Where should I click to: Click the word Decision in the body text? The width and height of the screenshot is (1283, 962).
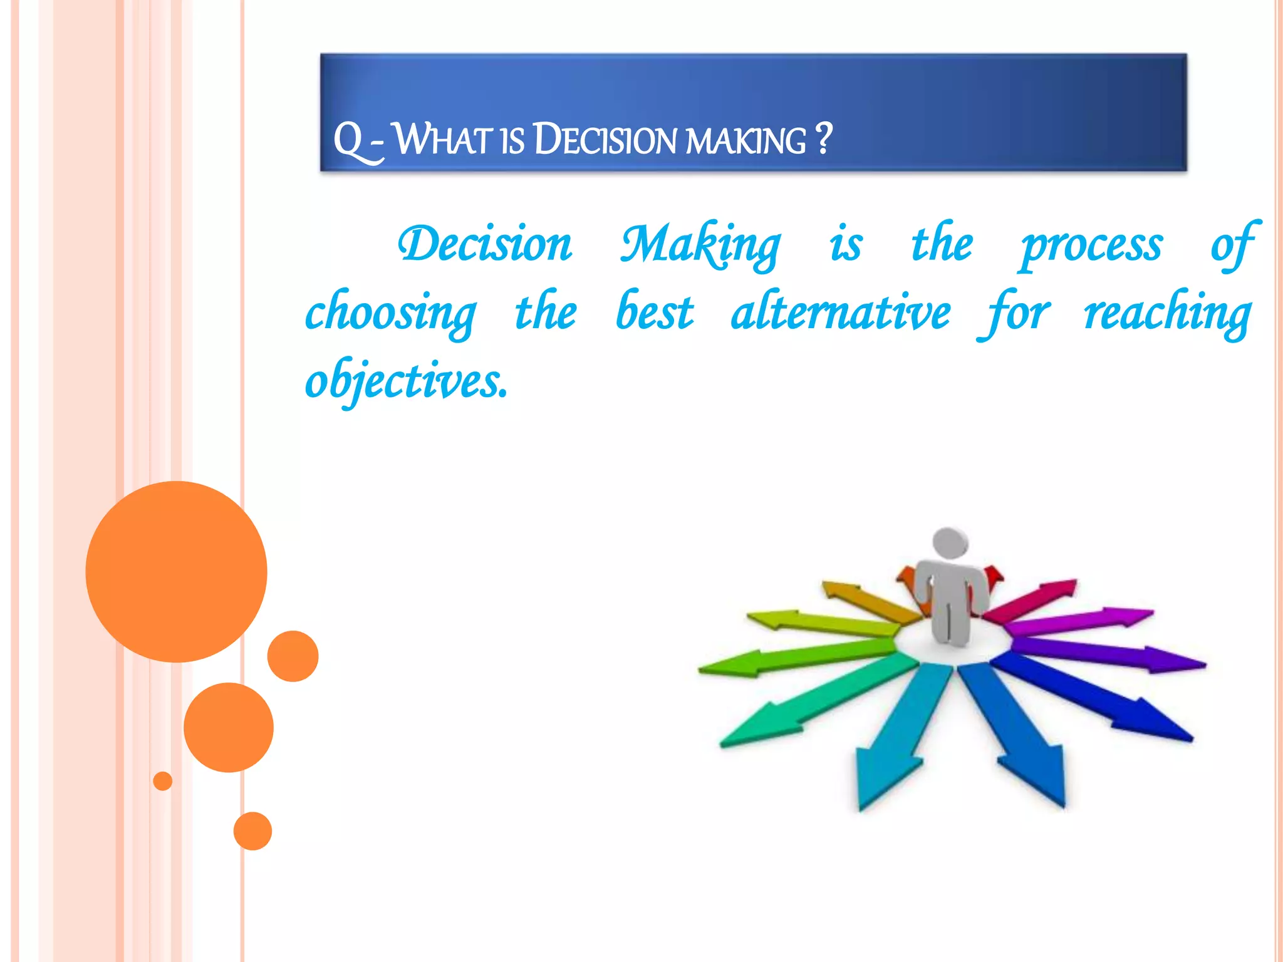(486, 244)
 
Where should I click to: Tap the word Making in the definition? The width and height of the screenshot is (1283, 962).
(700, 246)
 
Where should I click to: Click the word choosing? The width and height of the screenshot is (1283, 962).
(391, 313)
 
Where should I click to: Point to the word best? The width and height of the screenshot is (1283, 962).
(655, 312)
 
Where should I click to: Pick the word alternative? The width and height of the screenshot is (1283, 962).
(841, 312)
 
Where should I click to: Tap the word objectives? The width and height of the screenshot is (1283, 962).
(406, 381)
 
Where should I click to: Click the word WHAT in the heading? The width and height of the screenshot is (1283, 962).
(442, 139)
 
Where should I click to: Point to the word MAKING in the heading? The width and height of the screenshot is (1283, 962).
(745, 140)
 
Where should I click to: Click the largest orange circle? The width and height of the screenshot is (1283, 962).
(176, 571)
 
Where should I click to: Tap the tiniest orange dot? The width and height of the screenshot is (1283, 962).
(163, 781)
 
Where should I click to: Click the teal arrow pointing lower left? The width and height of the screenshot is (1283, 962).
(814, 705)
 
